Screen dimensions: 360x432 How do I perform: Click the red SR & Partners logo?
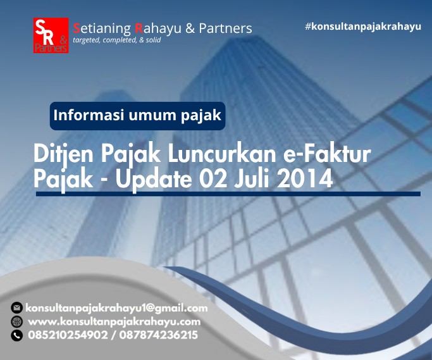coord(51,35)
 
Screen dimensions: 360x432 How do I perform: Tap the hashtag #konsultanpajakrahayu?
coord(362,27)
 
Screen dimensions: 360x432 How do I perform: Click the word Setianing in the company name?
coord(101,28)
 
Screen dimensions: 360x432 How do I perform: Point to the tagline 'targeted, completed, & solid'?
coord(117,40)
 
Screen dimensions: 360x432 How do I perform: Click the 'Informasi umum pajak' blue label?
coord(137,116)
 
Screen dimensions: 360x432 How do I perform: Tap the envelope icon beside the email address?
coord(17,308)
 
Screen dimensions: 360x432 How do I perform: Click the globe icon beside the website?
coord(17,321)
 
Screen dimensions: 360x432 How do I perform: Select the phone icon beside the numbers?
coord(17,335)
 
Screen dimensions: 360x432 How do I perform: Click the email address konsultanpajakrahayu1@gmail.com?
coord(117,308)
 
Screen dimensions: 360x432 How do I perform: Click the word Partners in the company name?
coord(225,28)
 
